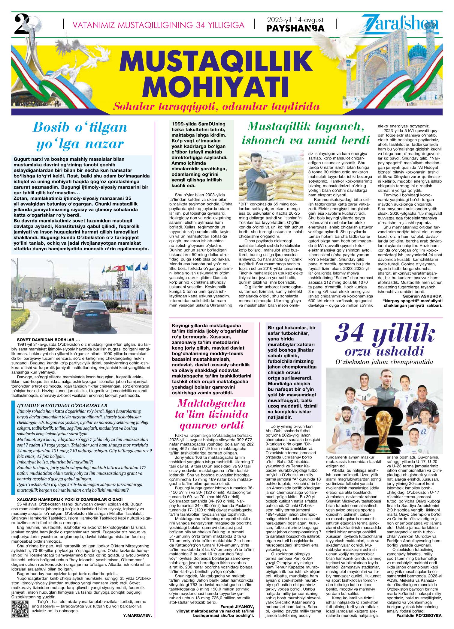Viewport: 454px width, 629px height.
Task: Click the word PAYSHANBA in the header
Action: [295, 28]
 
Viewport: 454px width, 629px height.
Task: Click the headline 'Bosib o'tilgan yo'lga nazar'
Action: [80, 136]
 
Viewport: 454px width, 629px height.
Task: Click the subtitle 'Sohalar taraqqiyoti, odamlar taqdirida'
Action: [216, 106]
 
